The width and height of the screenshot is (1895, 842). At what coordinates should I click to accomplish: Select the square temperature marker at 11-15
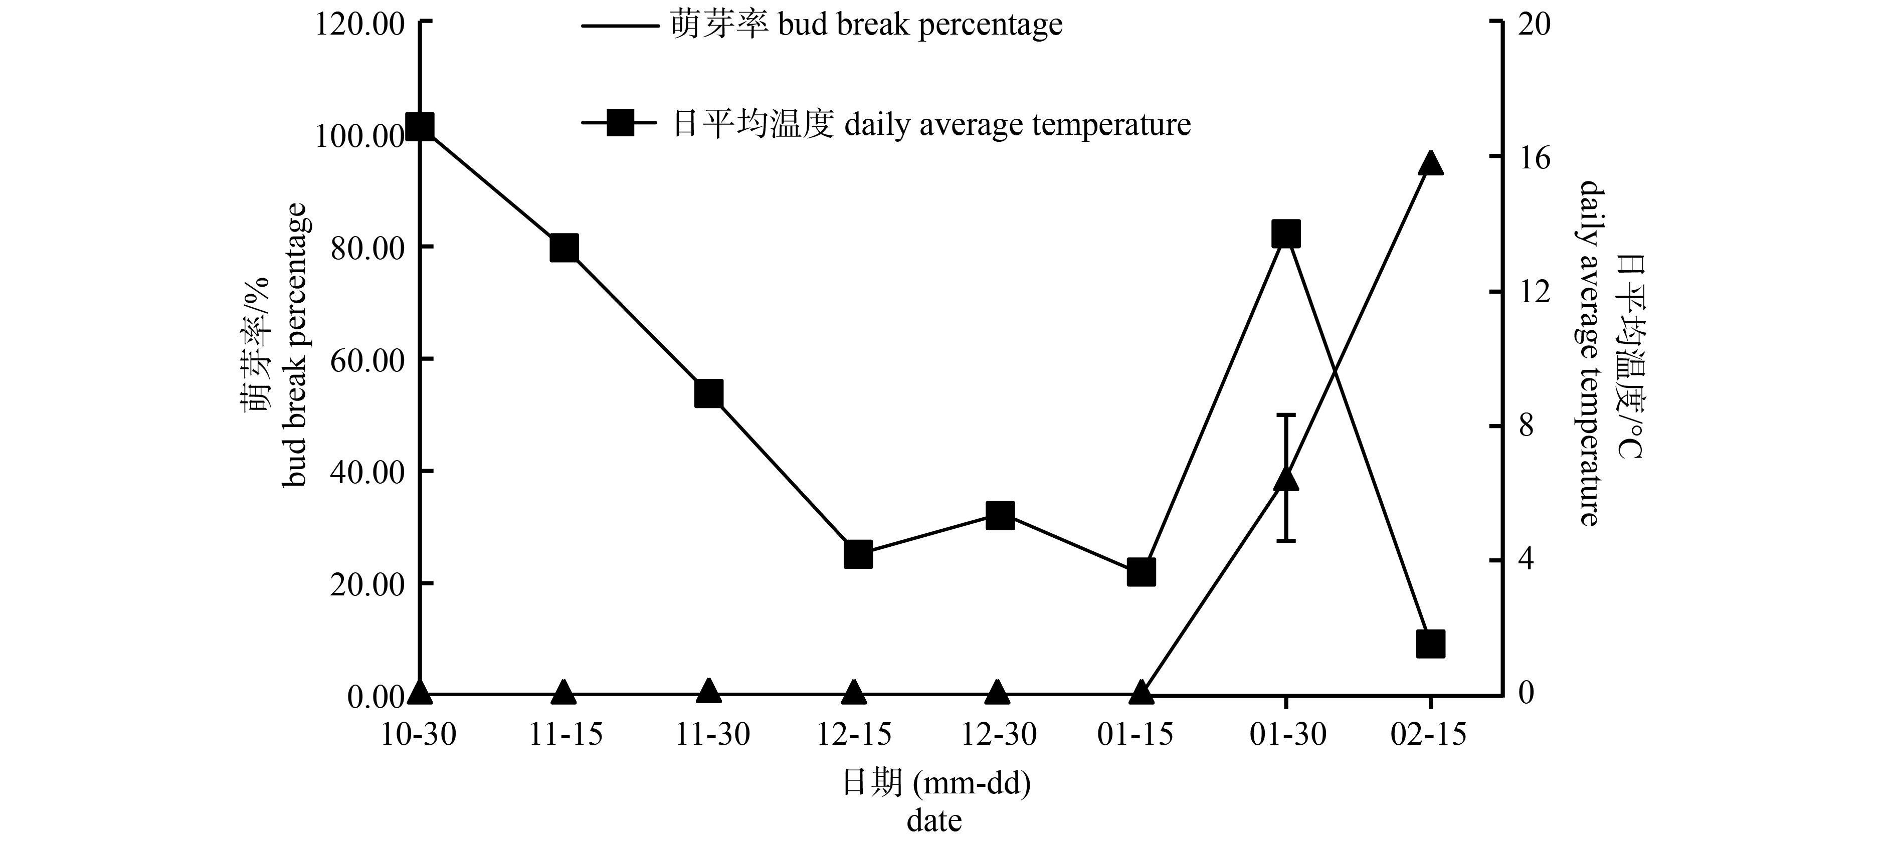tap(564, 249)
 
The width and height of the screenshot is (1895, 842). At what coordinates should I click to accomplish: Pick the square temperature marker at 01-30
tap(1286, 235)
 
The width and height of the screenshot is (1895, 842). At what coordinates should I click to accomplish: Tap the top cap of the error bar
tap(1286, 415)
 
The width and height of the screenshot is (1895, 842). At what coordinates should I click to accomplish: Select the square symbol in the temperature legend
tap(620, 123)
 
